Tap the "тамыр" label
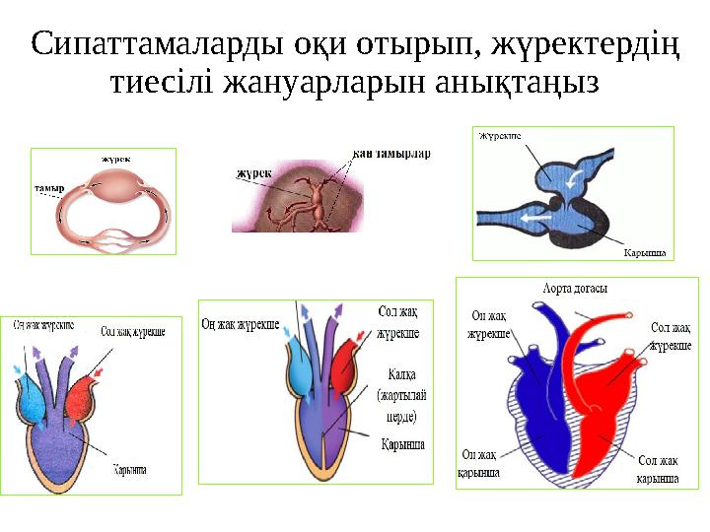coord(49,186)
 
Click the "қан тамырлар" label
coord(390,154)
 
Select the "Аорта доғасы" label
coord(575,289)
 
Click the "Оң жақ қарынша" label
coord(479,463)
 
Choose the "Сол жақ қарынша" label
coord(657,469)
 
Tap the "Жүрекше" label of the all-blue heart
coord(501,135)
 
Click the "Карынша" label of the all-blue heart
coord(646,253)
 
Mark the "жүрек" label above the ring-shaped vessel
coord(115,157)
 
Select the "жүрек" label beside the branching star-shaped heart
coord(253,173)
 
